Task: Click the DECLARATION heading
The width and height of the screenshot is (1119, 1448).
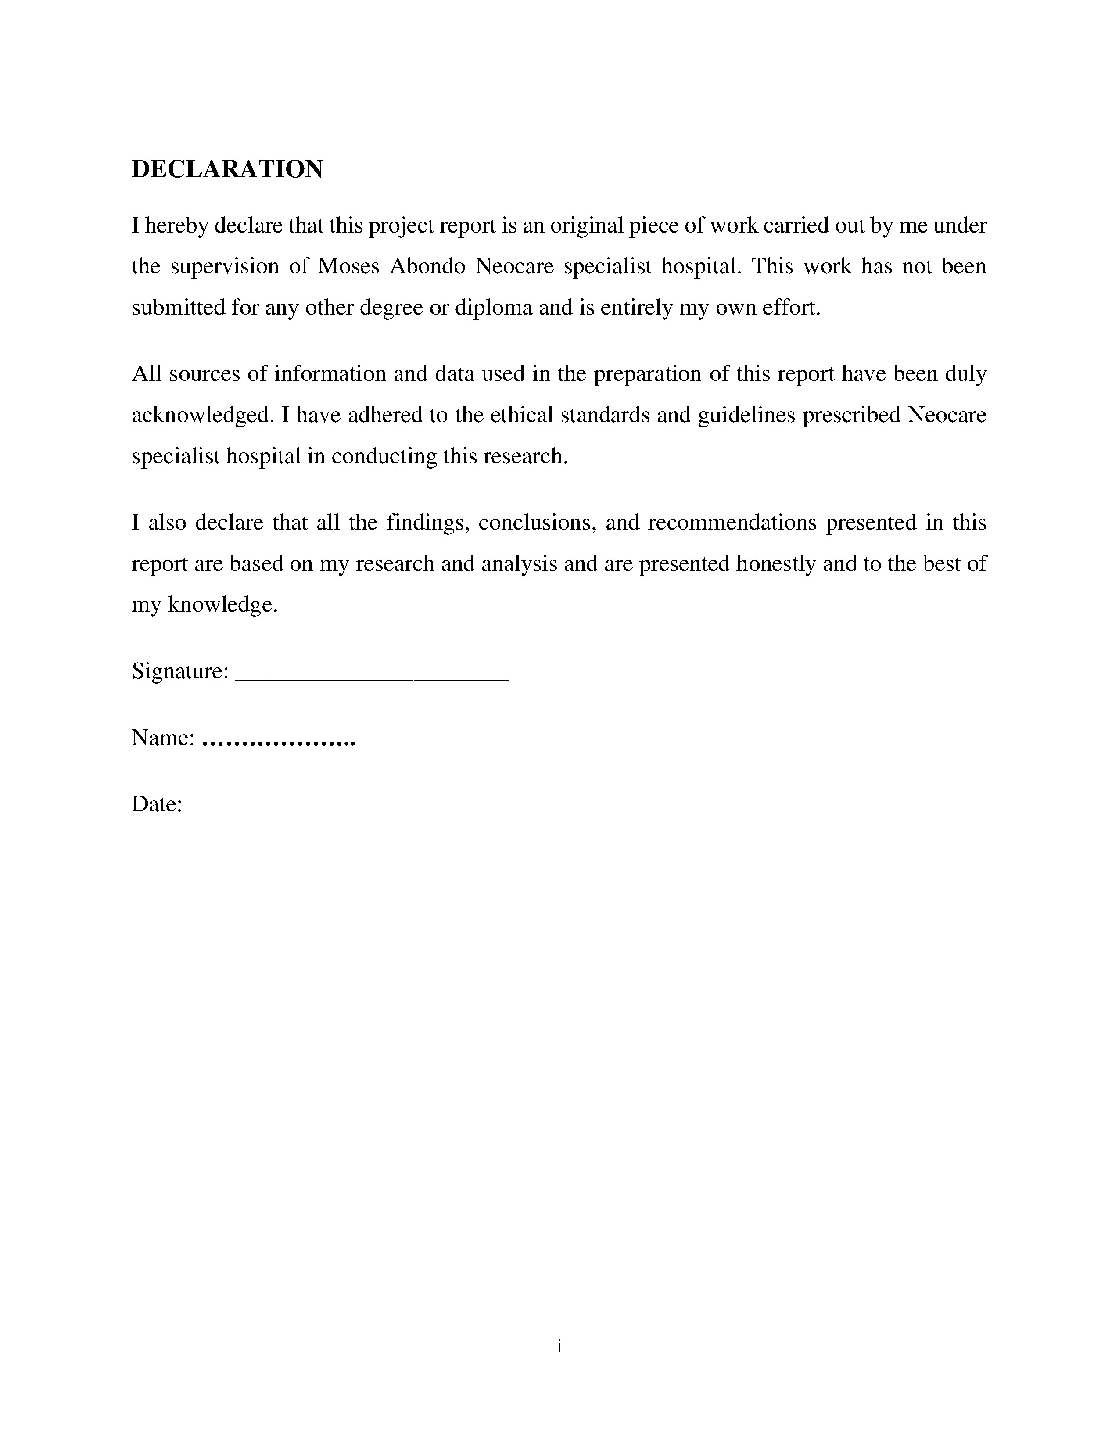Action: [x=227, y=170]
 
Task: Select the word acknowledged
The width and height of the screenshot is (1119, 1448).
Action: [x=202, y=416]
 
